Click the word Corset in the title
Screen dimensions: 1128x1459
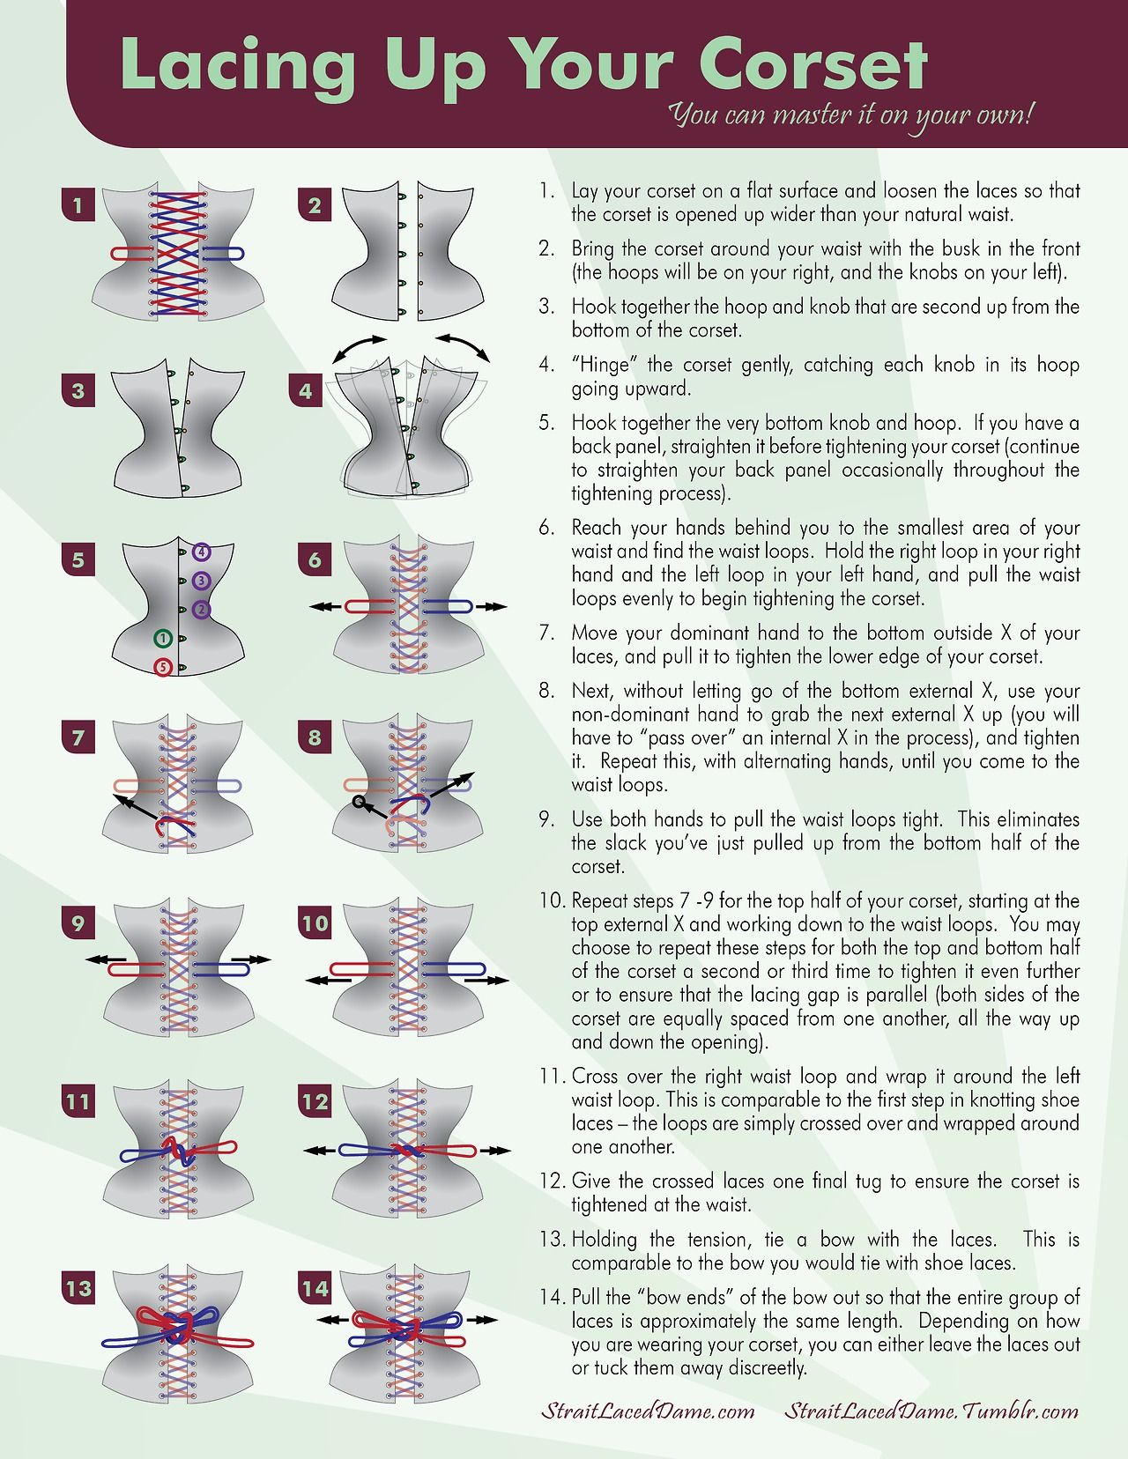pyautogui.click(x=813, y=65)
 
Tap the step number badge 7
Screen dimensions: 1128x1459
pyautogui.click(x=78, y=737)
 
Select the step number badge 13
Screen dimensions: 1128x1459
pyautogui.click(x=78, y=1288)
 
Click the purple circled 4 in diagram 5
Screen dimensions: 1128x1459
pyautogui.click(x=202, y=552)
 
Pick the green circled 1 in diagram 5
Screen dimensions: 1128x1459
pyautogui.click(x=163, y=638)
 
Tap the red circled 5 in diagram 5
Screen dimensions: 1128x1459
pyautogui.click(x=163, y=668)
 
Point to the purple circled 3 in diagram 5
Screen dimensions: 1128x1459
pyautogui.click(x=202, y=580)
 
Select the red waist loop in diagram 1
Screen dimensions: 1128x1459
pyautogui.click(x=131, y=253)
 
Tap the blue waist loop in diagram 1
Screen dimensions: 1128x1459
pyautogui.click(x=223, y=253)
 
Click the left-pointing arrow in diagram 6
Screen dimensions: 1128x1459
pyautogui.click(x=325, y=606)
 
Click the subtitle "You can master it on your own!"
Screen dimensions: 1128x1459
pyautogui.click(x=850, y=115)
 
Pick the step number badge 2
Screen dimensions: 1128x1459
pyautogui.click(x=315, y=204)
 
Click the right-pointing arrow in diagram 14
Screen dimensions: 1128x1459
pyautogui.click(x=482, y=1319)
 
